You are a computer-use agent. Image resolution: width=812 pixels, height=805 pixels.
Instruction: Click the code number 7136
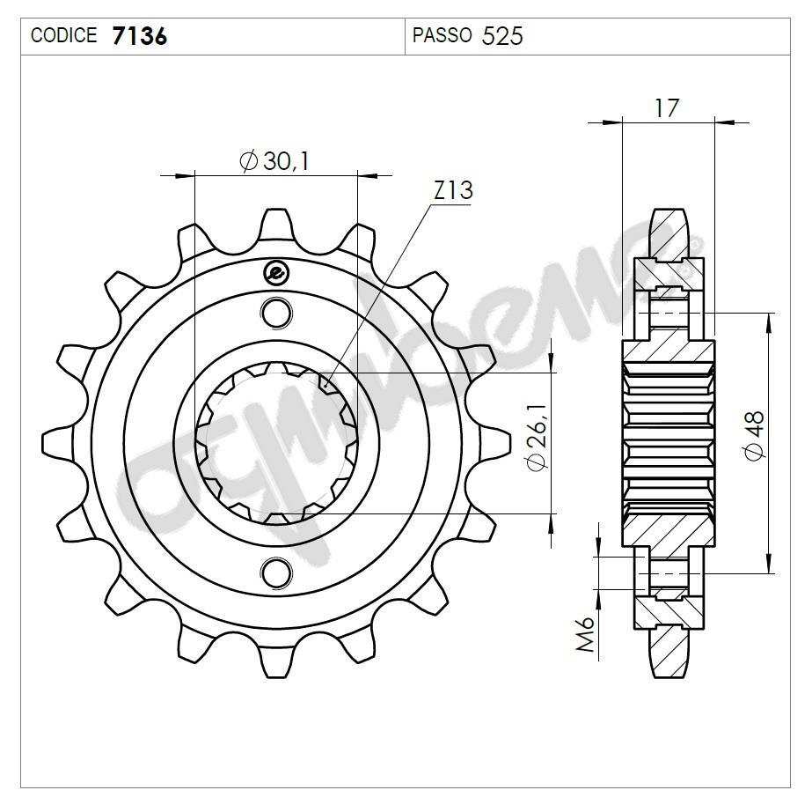(x=141, y=36)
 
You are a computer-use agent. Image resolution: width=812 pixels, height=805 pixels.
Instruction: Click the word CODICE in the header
(x=64, y=36)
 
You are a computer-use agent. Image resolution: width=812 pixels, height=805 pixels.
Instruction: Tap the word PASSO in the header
(x=442, y=36)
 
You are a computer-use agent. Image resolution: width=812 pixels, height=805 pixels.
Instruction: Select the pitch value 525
(x=502, y=36)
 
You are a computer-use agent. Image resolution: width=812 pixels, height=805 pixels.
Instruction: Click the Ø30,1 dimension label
(x=274, y=161)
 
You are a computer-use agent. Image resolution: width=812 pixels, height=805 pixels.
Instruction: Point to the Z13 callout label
(x=452, y=190)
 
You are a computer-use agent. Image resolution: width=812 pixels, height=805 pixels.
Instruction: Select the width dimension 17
(x=667, y=108)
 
